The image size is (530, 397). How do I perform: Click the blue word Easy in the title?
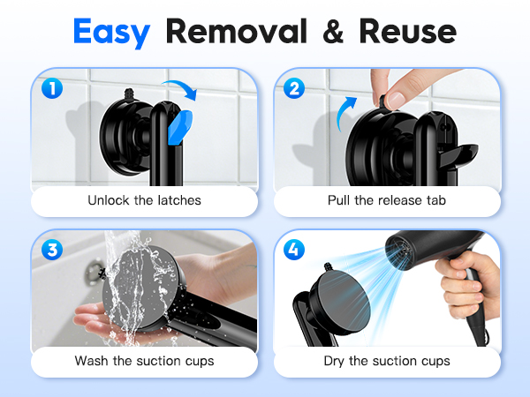click(x=111, y=33)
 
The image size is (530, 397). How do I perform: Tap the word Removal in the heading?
click(x=237, y=31)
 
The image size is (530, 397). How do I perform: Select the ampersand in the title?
click(x=334, y=31)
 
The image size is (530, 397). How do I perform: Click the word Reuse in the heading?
click(x=408, y=31)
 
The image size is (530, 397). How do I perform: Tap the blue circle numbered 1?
click(x=52, y=88)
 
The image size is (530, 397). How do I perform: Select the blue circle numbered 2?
click(x=294, y=88)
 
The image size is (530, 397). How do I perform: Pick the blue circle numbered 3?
click(x=52, y=250)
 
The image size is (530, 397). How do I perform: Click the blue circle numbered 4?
click(x=294, y=250)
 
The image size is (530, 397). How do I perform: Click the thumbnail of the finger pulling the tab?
click(x=395, y=100)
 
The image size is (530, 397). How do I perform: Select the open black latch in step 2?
click(x=458, y=156)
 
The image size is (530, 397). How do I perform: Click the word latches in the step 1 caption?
click(x=179, y=200)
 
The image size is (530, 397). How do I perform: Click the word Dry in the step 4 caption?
click(x=334, y=362)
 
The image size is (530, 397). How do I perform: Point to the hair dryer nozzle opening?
click(x=399, y=252)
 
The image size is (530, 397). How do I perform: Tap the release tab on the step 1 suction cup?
click(x=128, y=94)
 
